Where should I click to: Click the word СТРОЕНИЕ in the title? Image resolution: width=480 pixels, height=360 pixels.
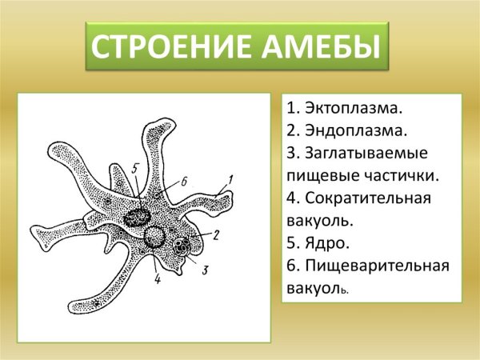point(168,48)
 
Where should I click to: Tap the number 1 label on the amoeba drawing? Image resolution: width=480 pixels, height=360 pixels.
point(230,179)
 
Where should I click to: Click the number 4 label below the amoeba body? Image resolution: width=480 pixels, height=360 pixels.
point(157,280)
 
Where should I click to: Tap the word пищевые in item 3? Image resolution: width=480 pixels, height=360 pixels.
point(326,174)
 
